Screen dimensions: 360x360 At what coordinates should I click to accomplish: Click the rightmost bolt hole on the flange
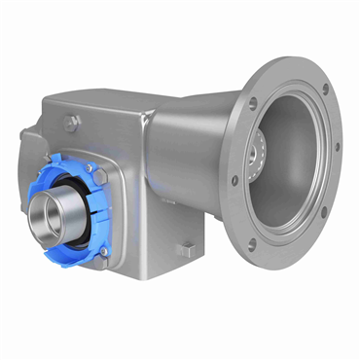pyautogui.click(x=338, y=148)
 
